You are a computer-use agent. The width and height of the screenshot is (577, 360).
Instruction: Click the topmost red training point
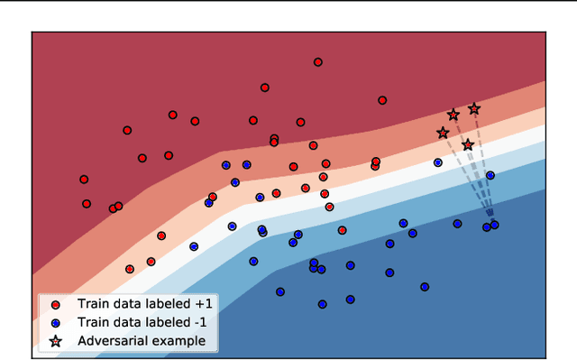click(x=318, y=62)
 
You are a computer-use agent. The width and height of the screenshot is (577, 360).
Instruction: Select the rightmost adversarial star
click(x=474, y=109)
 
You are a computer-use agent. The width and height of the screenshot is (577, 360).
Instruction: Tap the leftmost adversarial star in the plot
click(x=443, y=134)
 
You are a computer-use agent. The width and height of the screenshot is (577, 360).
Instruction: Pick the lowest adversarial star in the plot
click(x=467, y=144)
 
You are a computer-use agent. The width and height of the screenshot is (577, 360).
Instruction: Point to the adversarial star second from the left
click(x=453, y=115)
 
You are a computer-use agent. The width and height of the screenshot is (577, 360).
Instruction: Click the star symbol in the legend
click(x=56, y=341)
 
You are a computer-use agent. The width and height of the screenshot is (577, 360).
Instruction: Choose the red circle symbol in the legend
click(x=56, y=304)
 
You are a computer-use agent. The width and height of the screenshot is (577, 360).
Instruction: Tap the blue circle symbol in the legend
click(x=56, y=322)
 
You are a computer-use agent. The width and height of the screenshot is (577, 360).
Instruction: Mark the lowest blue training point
click(x=322, y=304)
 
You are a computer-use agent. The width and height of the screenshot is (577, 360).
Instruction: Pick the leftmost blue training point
click(x=194, y=246)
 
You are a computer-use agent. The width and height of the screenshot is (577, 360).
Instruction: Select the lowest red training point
click(x=130, y=269)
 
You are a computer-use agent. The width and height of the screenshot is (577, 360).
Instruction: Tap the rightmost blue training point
click(x=494, y=225)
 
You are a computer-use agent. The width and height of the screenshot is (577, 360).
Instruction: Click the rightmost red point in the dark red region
click(x=382, y=100)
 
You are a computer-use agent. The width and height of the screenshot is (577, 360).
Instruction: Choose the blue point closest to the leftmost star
click(x=437, y=163)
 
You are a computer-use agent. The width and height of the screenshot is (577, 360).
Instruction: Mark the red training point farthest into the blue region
click(x=329, y=207)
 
